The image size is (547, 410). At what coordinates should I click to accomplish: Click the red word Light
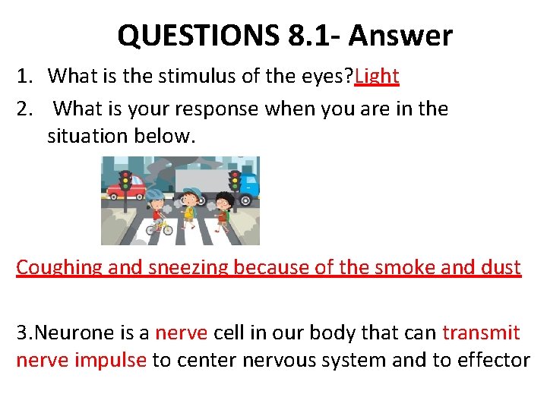coord(377,76)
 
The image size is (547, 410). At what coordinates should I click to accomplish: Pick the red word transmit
coord(481,333)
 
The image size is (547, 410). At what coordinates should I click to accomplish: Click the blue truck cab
coord(248,186)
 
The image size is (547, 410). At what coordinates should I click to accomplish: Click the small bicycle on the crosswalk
coord(157,225)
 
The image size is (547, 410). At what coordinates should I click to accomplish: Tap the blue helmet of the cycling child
coord(154,194)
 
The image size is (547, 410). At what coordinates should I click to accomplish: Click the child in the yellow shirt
coord(191,208)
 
